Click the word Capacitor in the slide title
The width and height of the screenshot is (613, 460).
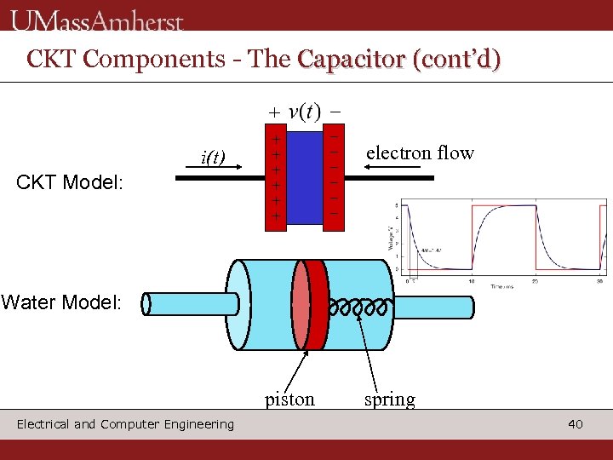350,59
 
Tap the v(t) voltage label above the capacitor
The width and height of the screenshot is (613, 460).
305,112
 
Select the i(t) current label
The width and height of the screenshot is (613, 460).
212,158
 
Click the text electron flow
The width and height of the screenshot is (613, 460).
420,153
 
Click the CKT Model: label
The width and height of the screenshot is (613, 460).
71,182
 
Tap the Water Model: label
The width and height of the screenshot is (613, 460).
61,302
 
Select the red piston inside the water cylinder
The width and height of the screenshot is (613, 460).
315,304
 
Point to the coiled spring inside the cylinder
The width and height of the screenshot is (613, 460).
361,305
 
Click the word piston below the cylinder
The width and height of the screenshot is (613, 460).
289,400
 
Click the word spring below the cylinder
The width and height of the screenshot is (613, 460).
390,400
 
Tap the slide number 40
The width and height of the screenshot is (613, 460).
576,423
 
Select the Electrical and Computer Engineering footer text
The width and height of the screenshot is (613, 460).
125,424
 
